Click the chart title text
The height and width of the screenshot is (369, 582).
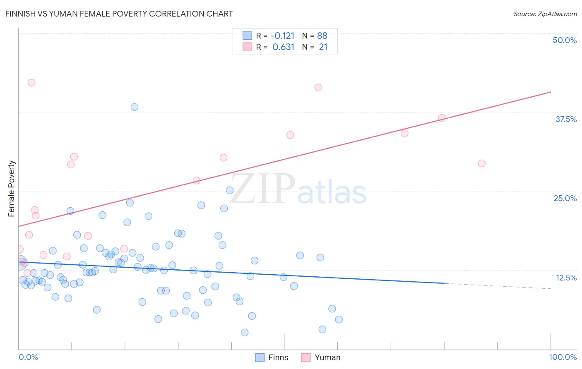click(x=119, y=14)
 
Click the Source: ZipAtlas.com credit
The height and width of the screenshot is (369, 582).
click(x=545, y=14)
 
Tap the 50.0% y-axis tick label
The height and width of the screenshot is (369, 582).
click(x=565, y=40)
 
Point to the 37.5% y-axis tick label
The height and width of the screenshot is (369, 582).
click(x=566, y=119)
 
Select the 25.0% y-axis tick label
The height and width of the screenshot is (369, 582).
click(x=565, y=198)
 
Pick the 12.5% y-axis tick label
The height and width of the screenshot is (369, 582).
click(x=566, y=278)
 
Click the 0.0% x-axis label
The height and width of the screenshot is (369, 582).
click(x=28, y=357)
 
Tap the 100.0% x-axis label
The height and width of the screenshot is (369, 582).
click(x=563, y=357)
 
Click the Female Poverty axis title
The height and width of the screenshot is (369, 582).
click(x=12, y=189)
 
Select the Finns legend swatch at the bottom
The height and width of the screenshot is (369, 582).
click(x=260, y=357)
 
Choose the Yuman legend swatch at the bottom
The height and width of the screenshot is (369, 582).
click(x=306, y=357)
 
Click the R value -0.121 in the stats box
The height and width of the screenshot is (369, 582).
click(x=282, y=36)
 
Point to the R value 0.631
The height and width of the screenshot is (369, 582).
click(x=283, y=47)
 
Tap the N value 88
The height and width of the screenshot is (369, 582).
click(x=322, y=36)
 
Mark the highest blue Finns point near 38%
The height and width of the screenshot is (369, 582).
click(x=135, y=107)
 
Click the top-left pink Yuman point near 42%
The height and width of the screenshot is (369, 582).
click(x=31, y=83)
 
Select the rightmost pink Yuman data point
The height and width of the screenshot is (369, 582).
click(x=481, y=163)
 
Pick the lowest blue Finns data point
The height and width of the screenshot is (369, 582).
click(x=245, y=333)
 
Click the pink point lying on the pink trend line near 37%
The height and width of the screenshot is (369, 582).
click(x=442, y=118)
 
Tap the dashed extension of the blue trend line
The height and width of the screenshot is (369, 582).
click(x=497, y=285)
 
